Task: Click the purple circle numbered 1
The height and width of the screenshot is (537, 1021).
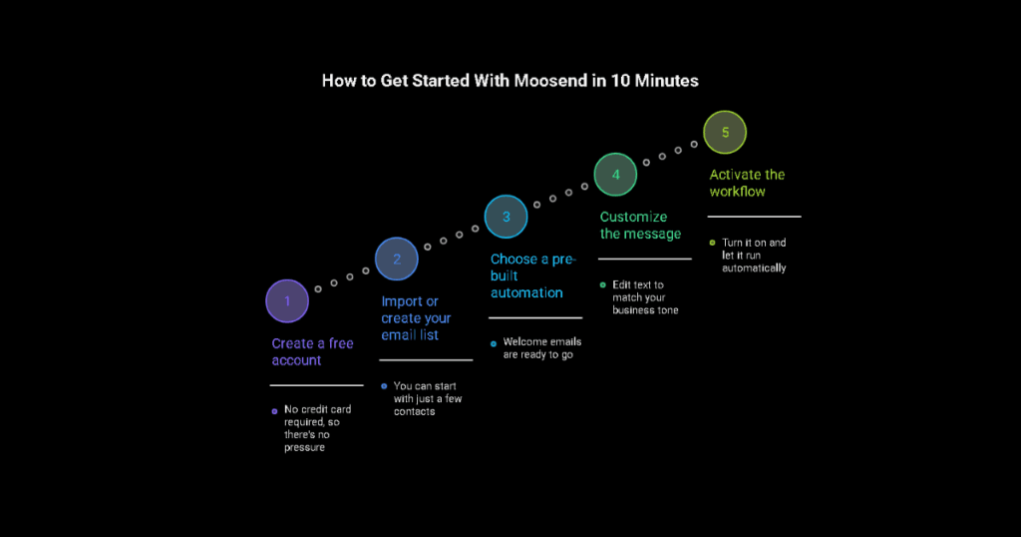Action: point(287,300)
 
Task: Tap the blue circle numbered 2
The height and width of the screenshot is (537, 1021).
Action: point(397,259)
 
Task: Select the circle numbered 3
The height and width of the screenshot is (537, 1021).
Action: point(507,216)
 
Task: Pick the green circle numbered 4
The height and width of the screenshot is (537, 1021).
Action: point(616,174)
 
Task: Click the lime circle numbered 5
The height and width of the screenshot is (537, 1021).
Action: point(725,132)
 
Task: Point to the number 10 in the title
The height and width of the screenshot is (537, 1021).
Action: point(618,81)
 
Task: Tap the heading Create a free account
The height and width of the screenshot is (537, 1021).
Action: point(312,351)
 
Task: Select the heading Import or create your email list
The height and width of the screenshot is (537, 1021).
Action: point(416,318)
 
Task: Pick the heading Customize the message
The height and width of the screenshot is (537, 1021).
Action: point(640,226)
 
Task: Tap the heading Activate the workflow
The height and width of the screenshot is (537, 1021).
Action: point(747,183)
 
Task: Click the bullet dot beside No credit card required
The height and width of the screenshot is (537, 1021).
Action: point(274,410)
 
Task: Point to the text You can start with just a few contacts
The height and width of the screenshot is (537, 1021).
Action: point(428,398)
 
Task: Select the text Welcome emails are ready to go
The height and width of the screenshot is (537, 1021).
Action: point(541,347)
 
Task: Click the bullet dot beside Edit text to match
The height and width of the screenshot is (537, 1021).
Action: point(602,284)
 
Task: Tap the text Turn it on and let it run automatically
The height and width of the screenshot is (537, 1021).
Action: point(754,255)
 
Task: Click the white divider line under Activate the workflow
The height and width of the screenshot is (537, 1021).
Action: point(754,216)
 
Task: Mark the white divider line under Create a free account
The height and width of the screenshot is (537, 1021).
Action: point(316,384)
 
